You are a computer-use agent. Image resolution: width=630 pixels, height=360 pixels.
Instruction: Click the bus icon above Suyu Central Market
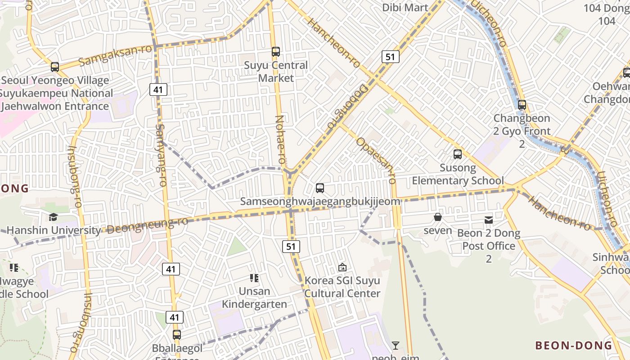click(x=276, y=52)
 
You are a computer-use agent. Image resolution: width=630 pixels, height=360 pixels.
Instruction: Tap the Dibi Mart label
click(x=405, y=8)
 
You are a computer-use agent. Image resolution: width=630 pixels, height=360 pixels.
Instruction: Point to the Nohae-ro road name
click(x=280, y=139)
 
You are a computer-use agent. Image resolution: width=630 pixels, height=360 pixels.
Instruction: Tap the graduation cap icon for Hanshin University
click(x=54, y=217)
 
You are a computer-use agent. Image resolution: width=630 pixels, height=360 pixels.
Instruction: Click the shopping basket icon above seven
click(x=438, y=217)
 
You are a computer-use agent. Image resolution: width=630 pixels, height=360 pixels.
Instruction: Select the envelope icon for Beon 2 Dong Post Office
click(x=489, y=220)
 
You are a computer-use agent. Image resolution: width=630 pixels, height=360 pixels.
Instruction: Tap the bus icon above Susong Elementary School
click(x=458, y=154)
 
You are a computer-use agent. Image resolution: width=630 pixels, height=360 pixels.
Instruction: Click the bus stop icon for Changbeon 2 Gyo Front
click(x=522, y=105)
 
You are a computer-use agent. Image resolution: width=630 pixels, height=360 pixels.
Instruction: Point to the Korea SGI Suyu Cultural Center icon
click(x=342, y=267)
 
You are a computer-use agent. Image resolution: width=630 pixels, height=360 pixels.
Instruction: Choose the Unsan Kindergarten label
click(x=255, y=297)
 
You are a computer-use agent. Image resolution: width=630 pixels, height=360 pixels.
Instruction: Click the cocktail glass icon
click(x=396, y=346)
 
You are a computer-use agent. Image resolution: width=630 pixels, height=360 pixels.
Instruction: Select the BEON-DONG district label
click(x=574, y=346)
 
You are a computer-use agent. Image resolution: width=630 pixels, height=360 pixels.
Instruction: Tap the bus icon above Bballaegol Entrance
click(x=177, y=335)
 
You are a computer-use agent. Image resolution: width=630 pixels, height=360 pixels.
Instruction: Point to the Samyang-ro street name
click(x=161, y=155)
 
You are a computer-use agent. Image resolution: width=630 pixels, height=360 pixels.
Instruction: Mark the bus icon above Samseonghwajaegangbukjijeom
click(x=320, y=188)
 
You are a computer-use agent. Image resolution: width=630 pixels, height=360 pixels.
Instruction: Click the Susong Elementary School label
click(x=458, y=174)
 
